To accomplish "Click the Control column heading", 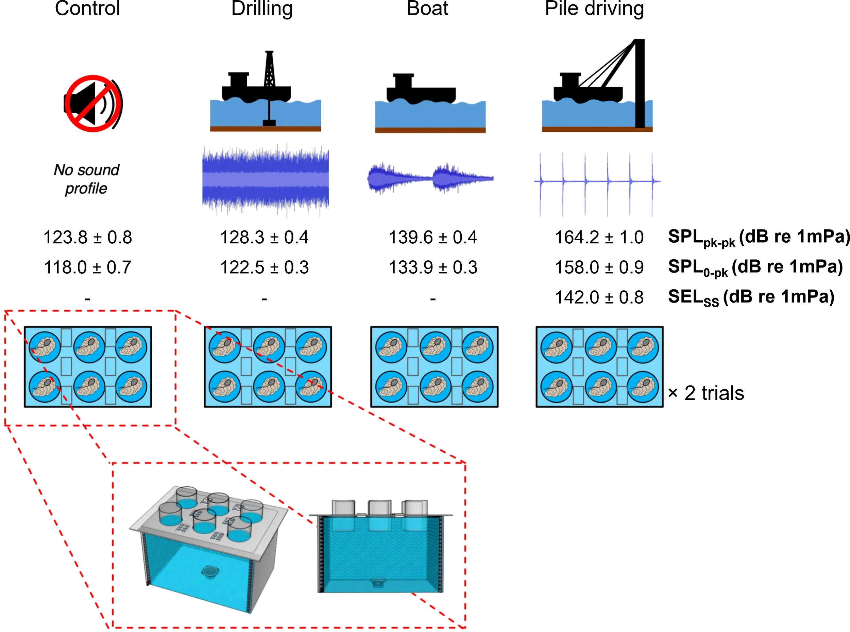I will click(87, 9).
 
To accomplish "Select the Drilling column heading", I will click(262, 9).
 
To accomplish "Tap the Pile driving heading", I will click(594, 9).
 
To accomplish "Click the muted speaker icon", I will click(93, 104).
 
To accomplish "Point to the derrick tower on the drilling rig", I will click(269, 69).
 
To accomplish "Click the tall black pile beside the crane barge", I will click(640, 84).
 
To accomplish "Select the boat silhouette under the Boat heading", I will click(421, 89).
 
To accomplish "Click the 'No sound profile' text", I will click(86, 179).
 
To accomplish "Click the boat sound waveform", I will click(430, 178).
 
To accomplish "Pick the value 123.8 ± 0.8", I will click(87, 237).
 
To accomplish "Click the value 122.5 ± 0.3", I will click(264, 267).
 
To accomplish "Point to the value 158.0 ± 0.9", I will click(599, 267).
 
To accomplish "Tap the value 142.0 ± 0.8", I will click(599, 297).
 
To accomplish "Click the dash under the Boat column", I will click(432, 298).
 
